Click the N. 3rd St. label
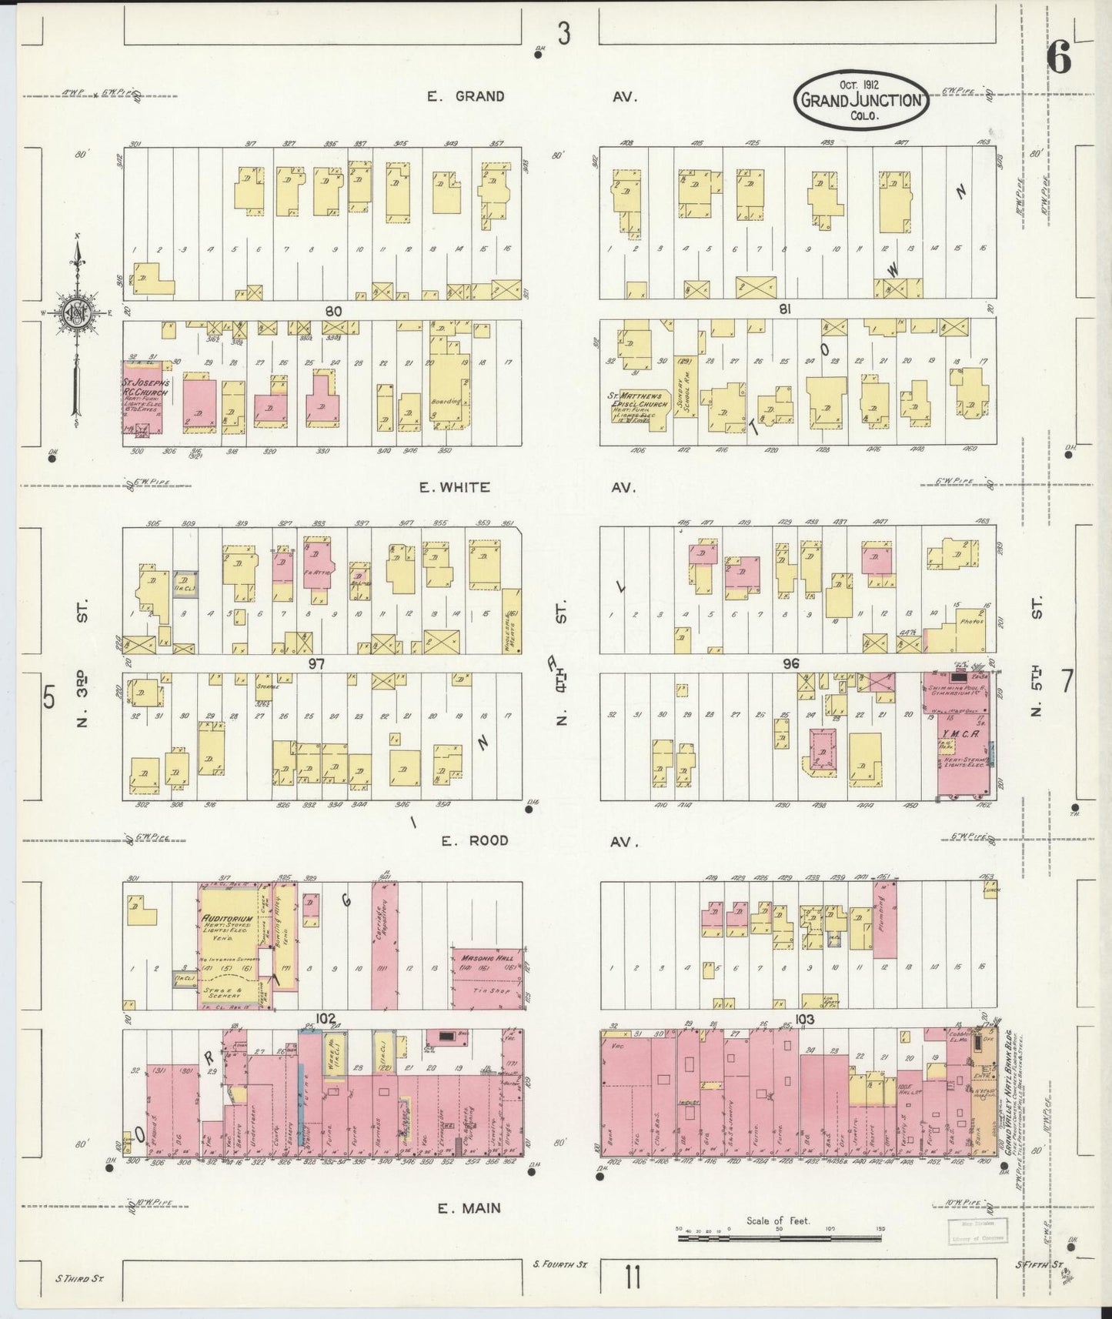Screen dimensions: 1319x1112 [x=82, y=662]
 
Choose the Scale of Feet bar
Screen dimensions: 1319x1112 [x=779, y=1239]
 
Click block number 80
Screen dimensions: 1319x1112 [x=332, y=311]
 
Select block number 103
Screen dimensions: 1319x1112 [x=806, y=1020]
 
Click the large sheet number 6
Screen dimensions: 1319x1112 [x=1060, y=58]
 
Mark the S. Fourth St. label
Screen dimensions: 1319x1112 [x=559, y=1264]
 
